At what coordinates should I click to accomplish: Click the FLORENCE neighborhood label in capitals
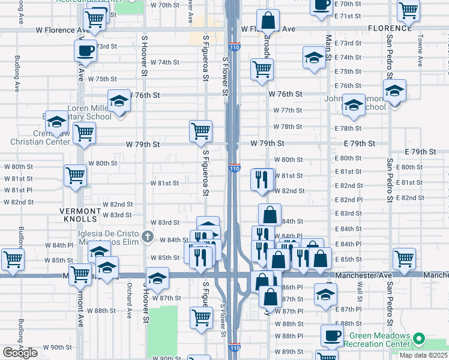tap(390, 28)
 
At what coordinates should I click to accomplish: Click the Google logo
tap(20, 353)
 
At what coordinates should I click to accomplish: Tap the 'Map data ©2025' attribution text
tap(423, 355)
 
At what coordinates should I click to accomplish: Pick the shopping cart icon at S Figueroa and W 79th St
tap(200, 130)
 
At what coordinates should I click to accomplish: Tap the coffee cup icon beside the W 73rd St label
tap(85, 50)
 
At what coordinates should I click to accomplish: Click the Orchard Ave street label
tap(129, 305)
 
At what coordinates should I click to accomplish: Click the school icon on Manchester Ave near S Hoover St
tap(157, 278)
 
